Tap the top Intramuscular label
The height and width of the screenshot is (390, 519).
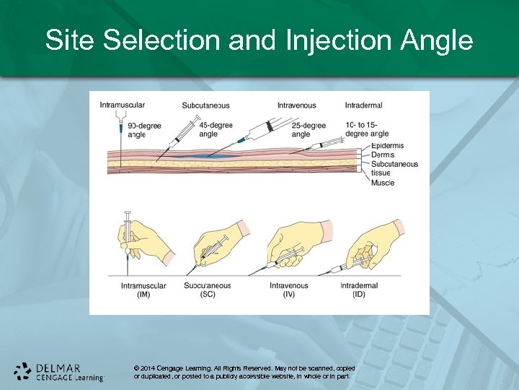pos(122,105)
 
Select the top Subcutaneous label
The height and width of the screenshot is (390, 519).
pos(206,105)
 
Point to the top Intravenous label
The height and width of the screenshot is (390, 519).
pos(296,105)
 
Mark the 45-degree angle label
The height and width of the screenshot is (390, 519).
pos(216,129)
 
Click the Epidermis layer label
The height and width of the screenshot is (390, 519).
pos(388,146)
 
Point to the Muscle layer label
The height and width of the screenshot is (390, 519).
pos(383,183)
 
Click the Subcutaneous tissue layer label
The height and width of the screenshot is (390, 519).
pos(394,168)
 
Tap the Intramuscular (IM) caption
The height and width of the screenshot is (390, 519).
pos(143,290)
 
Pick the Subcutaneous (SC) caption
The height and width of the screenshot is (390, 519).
pos(208,290)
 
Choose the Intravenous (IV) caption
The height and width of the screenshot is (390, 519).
pos(288,290)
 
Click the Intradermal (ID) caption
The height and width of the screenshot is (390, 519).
pos(358,290)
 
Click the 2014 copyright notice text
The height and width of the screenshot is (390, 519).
pos(244,372)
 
